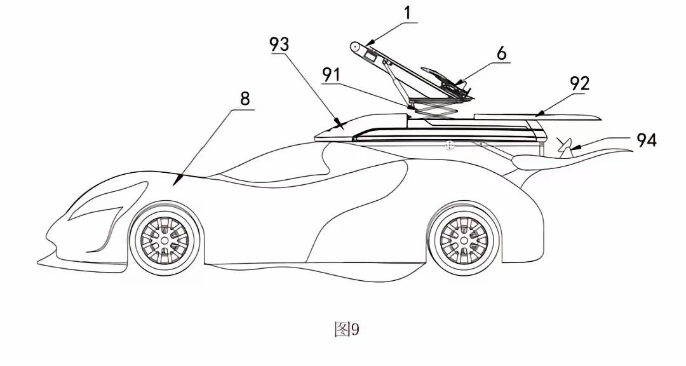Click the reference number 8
(245, 99)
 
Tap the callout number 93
(279, 44)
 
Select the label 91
(331, 76)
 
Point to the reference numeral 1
(408, 13)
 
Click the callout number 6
(501, 53)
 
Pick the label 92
(580, 84)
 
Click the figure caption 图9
(347, 329)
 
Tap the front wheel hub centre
(165, 240)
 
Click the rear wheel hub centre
(464, 240)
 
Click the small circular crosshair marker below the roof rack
(448, 146)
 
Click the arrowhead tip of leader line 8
(174, 185)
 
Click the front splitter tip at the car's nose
(39, 262)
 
